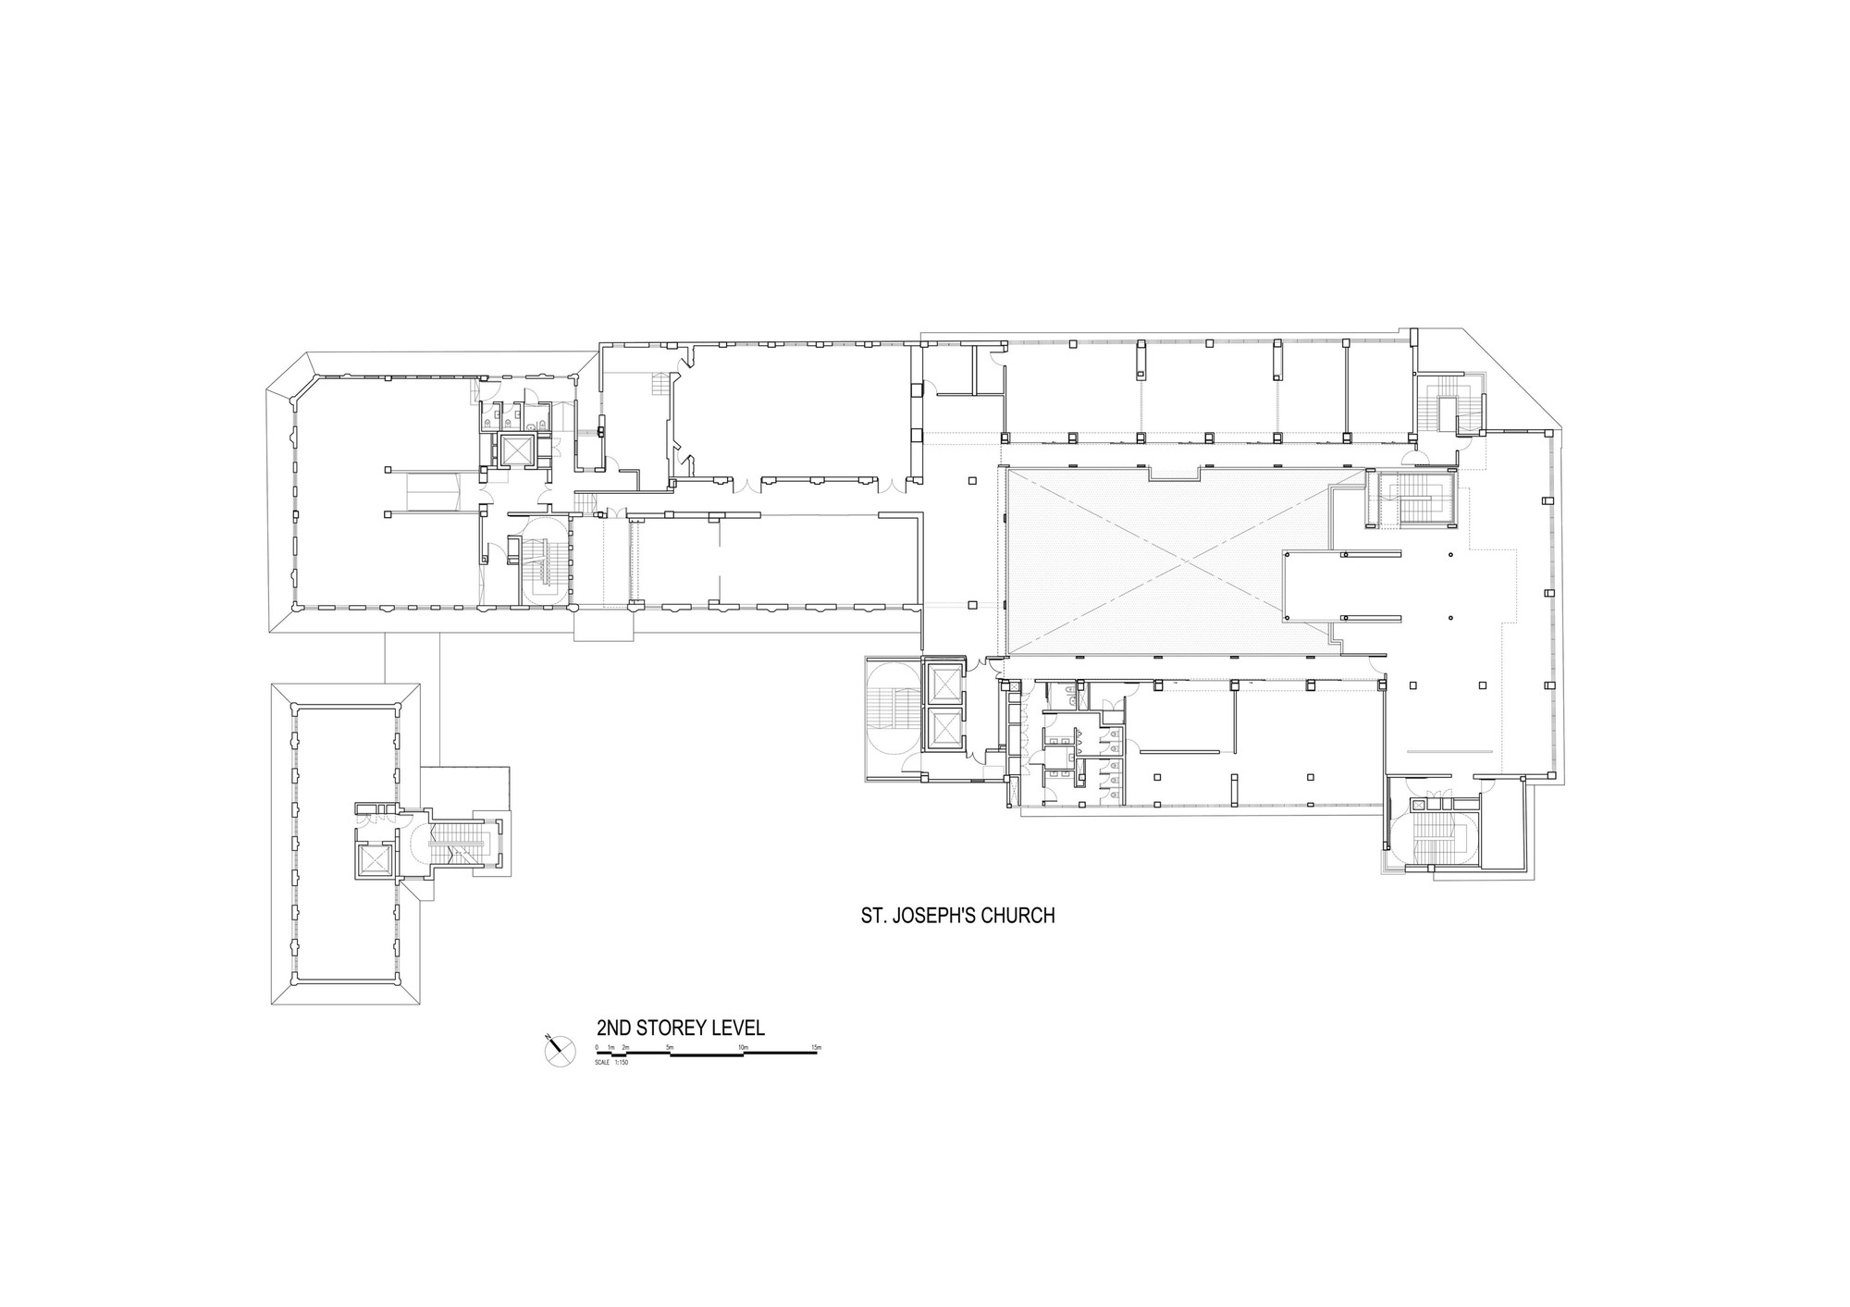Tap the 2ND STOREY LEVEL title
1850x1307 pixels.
click(x=680, y=1029)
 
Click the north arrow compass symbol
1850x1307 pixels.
click(x=559, y=1048)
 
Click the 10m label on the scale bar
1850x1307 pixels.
click(x=743, y=1047)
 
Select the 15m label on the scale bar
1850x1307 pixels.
click(x=816, y=1047)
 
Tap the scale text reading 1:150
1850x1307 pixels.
click(x=622, y=1061)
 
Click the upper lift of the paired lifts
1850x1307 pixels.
click(x=943, y=684)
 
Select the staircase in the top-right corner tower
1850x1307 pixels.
click(x=1443, y=405)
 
